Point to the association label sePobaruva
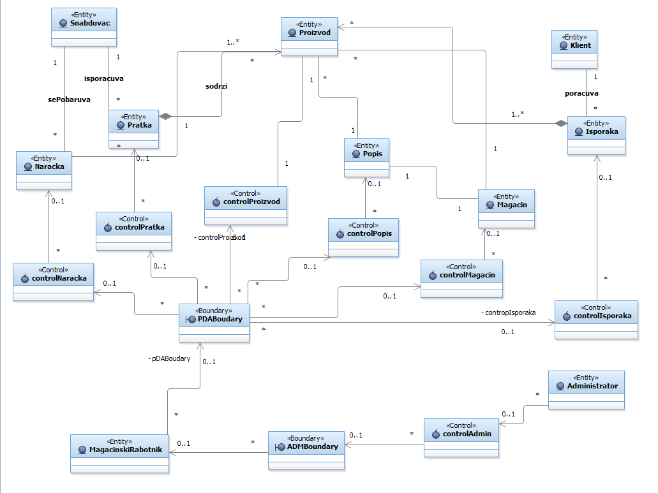(x=68, y=99)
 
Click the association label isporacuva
(x=104, y=79)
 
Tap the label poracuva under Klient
(x=581, y=93)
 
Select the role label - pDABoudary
(x=168, y=358)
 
